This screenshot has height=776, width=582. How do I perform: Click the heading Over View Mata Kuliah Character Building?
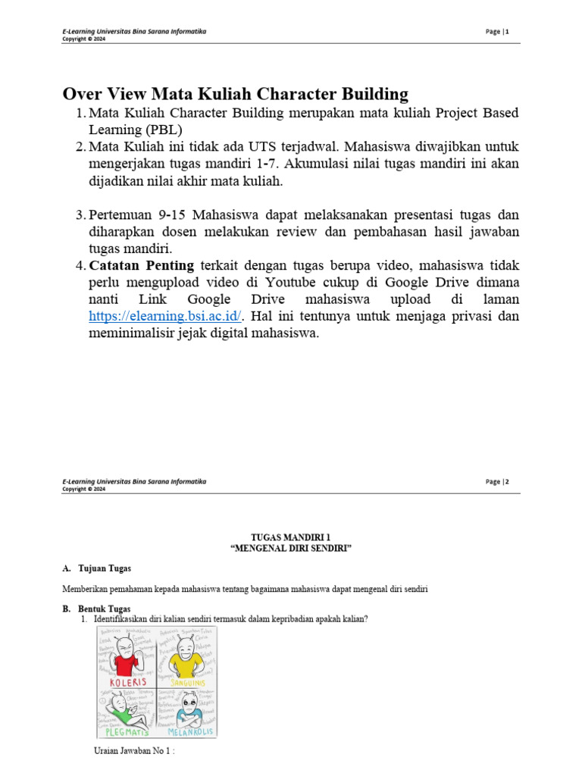[235, 95]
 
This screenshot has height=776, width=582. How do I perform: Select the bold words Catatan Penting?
[142, 266]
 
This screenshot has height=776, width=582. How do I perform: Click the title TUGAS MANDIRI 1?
[291, 537]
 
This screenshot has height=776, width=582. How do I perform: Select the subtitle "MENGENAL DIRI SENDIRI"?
[291, 548]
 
